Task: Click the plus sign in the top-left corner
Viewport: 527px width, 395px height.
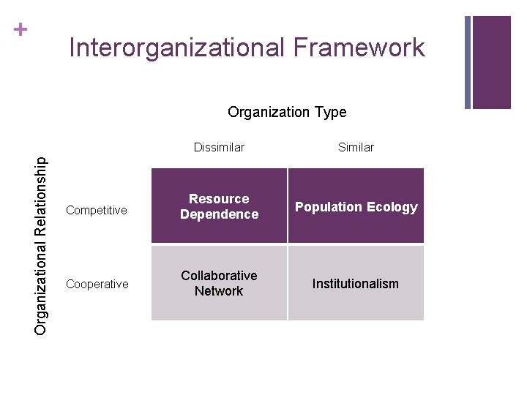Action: (21, 30)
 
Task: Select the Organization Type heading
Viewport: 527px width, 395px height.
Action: (287, 112)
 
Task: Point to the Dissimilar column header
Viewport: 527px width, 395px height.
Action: (219, 148)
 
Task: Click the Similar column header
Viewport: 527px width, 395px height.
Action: (356, 148)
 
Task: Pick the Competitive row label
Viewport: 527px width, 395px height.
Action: (97, 211)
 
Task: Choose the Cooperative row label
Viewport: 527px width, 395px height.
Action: (97, 284)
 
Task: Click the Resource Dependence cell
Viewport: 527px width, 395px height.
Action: (219, 206)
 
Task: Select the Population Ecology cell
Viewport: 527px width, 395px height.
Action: (356, 207)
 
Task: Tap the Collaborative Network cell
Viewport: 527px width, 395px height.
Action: (219, 283)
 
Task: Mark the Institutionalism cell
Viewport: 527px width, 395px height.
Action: (356, 284)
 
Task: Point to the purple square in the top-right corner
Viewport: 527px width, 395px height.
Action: (491, 62)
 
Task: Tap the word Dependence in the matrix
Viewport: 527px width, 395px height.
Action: (219, 214)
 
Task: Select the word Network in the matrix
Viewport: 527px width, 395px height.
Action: (219, 291)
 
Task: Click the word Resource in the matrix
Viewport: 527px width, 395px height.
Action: (219, 199)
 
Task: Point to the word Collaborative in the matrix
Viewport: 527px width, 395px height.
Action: (219, 276)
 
